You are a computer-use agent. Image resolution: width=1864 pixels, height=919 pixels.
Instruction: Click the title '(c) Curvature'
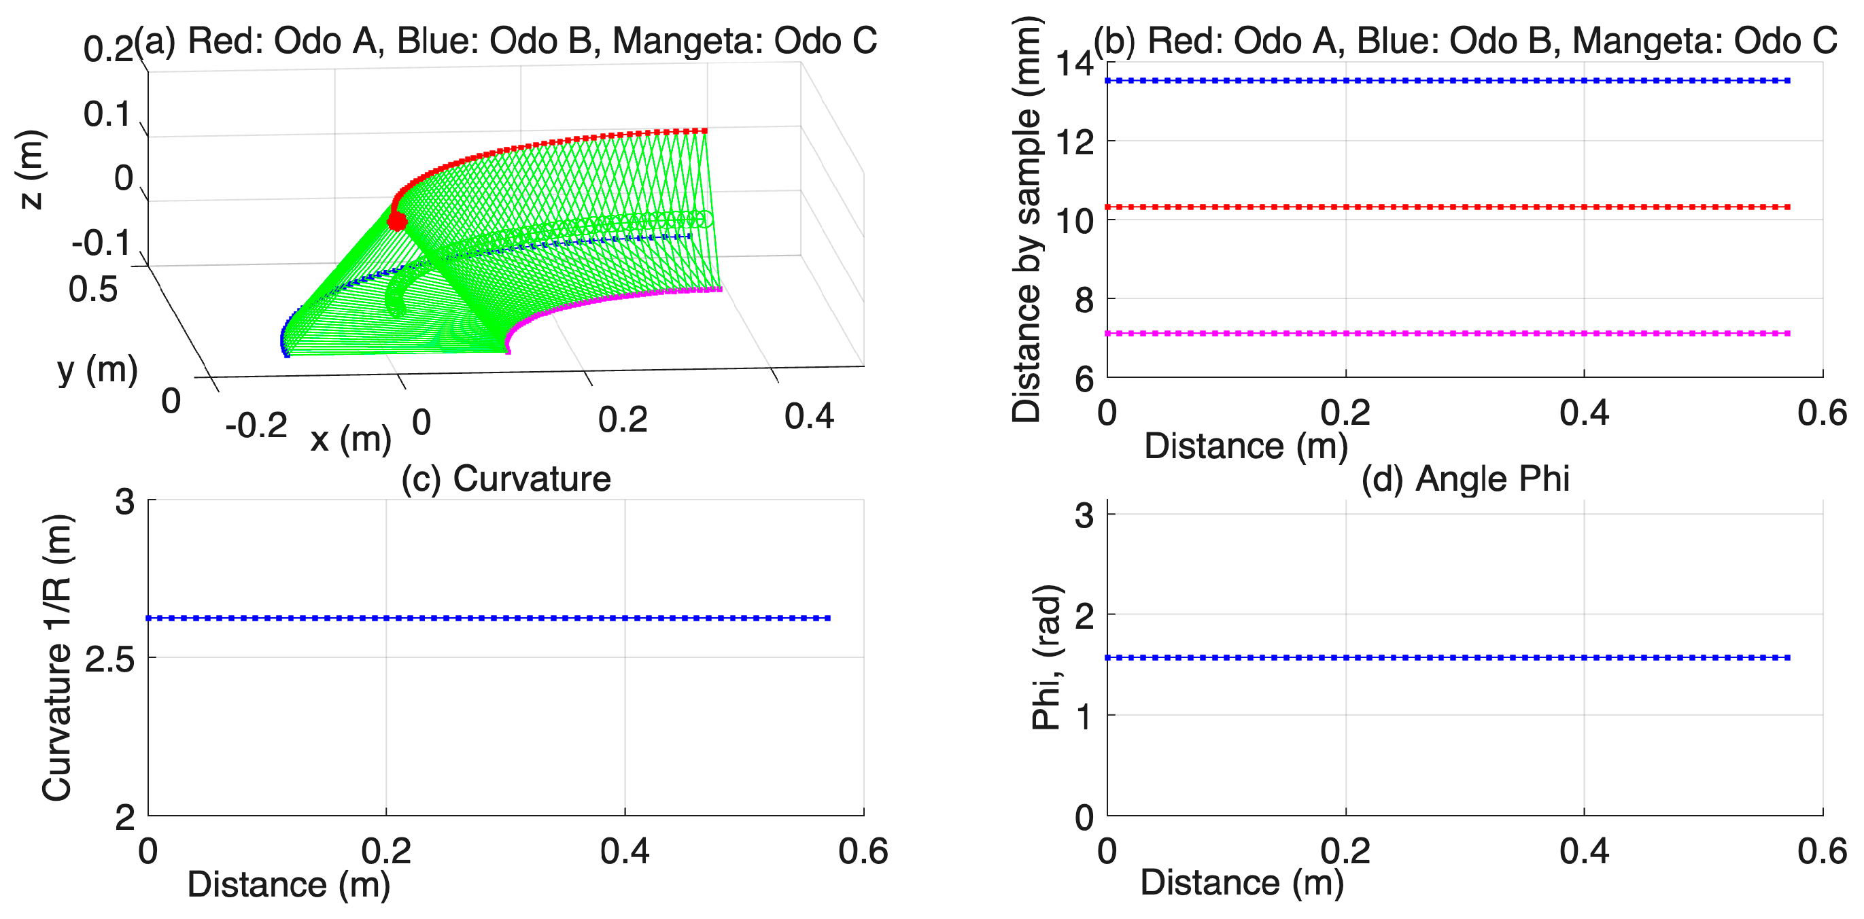506,479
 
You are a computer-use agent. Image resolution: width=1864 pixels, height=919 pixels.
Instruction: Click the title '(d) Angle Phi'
1465,479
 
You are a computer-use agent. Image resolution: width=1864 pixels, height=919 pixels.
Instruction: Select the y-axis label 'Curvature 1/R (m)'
57,658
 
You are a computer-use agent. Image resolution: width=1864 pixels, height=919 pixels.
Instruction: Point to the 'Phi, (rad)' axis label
1046,658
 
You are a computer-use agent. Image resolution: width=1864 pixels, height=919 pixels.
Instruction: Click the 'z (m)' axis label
31,170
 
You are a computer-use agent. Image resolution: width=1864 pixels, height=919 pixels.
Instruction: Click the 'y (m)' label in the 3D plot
98,370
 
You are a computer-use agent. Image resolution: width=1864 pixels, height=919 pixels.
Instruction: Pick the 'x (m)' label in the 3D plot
351,438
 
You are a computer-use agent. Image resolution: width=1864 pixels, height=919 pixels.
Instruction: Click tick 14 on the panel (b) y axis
1075,64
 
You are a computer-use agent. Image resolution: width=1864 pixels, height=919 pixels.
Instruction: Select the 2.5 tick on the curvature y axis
109,659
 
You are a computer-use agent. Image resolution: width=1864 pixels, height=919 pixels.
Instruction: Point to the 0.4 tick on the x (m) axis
810,416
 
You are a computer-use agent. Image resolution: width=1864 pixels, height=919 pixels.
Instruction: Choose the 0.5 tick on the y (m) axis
92,290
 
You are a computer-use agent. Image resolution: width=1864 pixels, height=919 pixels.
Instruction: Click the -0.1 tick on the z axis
101,243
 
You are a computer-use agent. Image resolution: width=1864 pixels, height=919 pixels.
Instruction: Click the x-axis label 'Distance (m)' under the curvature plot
289,885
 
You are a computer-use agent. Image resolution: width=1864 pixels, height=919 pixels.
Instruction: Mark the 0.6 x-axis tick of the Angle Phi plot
1822,852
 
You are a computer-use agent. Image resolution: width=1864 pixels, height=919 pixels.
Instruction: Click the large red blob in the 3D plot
396,220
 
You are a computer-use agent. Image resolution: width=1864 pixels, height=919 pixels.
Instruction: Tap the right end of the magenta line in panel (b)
1788,334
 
